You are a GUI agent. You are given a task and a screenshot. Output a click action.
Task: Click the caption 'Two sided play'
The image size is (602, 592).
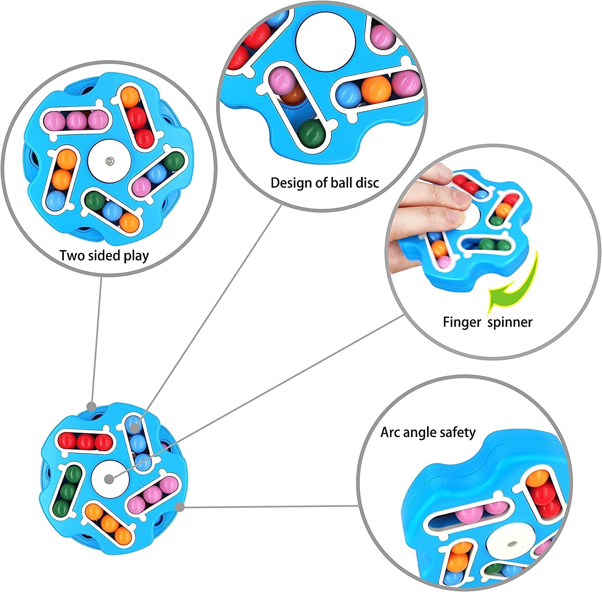104,256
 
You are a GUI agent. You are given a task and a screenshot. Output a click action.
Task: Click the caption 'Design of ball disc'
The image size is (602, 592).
325,183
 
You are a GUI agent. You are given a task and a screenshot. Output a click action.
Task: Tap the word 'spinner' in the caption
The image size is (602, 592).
510,322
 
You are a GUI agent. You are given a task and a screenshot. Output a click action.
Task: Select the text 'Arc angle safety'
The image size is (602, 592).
428,432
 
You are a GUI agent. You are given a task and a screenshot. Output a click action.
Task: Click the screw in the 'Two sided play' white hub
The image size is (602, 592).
109,161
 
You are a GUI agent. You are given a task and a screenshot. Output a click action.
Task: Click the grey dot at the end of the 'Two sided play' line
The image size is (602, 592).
92,407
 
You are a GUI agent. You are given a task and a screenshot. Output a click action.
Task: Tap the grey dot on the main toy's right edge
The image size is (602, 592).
180,507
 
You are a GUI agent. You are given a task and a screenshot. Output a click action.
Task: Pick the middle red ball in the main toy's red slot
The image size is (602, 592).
85,442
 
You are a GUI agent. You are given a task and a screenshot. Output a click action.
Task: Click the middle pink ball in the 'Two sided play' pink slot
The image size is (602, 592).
76,120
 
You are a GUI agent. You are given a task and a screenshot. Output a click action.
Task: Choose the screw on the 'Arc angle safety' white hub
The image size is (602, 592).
511,545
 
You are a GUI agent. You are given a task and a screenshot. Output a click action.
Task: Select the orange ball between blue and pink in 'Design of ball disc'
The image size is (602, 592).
376,89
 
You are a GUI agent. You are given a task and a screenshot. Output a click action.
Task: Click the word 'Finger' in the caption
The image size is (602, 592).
462,322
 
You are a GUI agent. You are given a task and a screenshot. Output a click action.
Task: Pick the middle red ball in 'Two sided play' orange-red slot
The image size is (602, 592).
138,117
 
